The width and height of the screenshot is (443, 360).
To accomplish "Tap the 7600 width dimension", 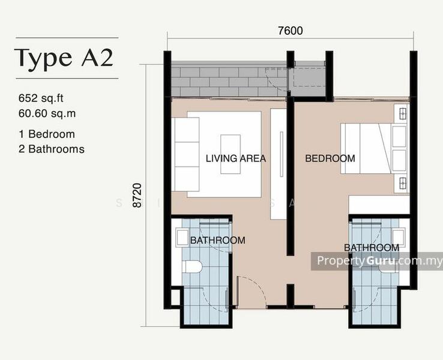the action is coord(291,31).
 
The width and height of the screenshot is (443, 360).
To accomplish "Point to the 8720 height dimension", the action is coord(137,196).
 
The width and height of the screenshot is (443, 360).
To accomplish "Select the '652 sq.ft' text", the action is coord(41,98).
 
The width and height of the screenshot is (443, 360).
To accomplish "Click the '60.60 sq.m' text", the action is coord(47,113).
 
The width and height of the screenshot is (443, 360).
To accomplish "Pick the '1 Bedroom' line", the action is coord(47,134).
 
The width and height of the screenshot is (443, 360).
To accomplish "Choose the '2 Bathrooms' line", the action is coord(52,149).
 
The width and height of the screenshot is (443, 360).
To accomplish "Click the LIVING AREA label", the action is coord(236,158).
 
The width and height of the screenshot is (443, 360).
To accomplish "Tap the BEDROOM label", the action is coord(330,158).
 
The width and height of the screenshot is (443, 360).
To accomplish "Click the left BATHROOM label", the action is coord(218,240).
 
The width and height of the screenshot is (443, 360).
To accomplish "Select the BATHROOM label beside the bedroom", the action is coord(372,248).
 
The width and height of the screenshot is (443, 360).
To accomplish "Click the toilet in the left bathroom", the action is coord(192,267).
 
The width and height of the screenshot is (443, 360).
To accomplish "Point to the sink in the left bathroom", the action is coord(182,238).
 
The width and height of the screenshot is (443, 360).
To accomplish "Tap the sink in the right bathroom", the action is coord(399,236).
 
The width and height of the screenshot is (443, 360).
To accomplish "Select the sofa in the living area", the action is coord(185,154).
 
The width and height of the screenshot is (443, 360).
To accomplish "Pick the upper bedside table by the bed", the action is coord(402,114).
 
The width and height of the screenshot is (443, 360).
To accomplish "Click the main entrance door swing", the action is coord(251,291).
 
